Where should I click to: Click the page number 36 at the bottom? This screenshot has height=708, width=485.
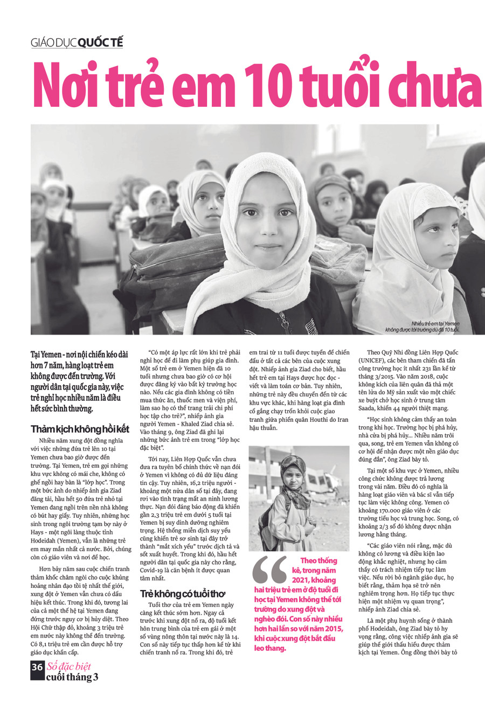[x=37, y=667]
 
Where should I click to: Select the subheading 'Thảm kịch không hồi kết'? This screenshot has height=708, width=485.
[x=80, y=429]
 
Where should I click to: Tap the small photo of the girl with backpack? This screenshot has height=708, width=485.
[x=299, y=498]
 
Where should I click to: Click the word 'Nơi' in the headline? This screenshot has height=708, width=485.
[x=64, y=86]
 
